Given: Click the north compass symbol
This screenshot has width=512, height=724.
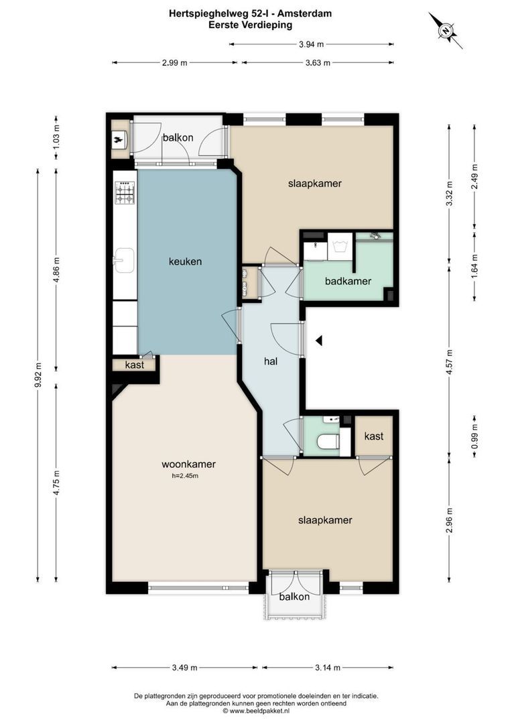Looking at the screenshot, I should click(445, 30).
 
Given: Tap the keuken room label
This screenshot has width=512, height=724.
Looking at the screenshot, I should click(185, 261).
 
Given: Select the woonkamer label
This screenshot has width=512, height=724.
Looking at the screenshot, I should click(188, 464).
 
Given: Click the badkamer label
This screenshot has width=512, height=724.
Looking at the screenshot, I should click(348, 282).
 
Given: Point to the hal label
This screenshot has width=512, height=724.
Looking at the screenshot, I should click(271, 361).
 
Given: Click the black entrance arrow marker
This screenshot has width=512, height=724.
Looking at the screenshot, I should click(320, 341).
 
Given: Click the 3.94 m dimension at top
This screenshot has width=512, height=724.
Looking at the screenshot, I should click(311, 44).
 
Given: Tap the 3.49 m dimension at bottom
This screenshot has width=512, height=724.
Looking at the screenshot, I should click(184, 668).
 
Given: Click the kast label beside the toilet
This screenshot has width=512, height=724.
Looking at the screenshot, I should click(373, 436).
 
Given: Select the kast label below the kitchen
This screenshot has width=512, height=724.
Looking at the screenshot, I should click(135, 365).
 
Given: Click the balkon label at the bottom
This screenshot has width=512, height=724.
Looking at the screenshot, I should click(294, 597).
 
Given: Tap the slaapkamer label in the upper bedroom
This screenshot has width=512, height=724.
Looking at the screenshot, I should click(310, 183).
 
